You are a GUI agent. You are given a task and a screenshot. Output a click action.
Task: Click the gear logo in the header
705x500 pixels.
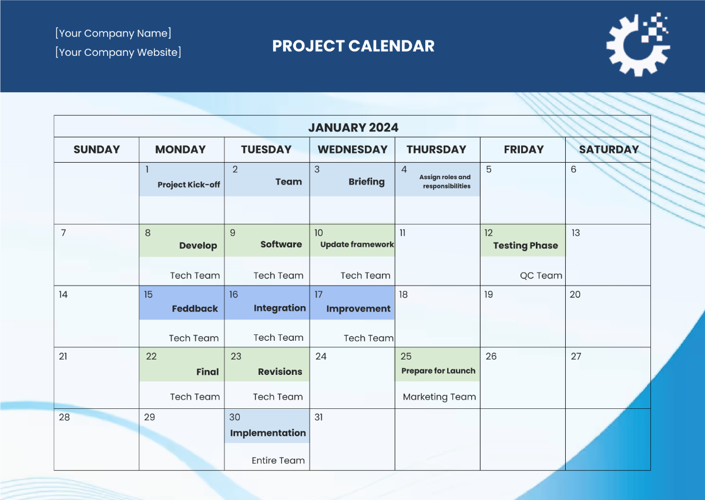click(x=637, y=45)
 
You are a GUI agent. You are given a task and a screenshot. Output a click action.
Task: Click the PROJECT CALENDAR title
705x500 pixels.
click(x=353, y=46)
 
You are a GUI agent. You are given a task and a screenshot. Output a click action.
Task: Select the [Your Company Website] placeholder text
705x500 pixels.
click(x=118, y=52)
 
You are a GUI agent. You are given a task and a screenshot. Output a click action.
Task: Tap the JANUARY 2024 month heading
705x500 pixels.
click(x=353, y=127)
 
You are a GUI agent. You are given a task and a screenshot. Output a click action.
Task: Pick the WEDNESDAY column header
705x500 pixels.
click(x=352, y=149)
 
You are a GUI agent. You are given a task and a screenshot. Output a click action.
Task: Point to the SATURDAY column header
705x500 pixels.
click(x=609, y=149)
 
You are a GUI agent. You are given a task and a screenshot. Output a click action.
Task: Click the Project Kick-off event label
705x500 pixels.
click(x=189, y=184)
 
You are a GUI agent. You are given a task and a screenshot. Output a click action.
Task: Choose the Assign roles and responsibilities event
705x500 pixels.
click(x=445, y=182)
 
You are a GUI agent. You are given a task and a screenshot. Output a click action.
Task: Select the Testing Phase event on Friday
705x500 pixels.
click(x=525, y=246)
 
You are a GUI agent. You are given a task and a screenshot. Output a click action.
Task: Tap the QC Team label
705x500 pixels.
click(x=541, y=276)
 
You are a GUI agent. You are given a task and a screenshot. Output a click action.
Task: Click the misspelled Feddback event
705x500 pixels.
click(x=194, y=308)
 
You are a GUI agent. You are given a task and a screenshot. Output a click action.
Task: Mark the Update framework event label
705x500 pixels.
click(x=357, y=244)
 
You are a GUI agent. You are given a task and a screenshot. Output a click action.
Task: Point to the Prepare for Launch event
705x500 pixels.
click(x=438, y=371)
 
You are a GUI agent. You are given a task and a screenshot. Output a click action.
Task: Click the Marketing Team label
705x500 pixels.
click(x=439, y=397)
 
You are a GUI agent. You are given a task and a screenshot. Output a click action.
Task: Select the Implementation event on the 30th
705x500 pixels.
click(x=268, y=433)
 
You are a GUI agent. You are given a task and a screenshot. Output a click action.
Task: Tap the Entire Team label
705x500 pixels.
click(x=278, y=461)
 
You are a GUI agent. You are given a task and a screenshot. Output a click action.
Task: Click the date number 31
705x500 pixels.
click(x=318, y=417)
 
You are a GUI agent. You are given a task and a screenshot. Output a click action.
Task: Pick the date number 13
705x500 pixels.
click(x=575, y=233)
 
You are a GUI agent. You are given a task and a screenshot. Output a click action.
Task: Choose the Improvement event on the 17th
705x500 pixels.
click(x=358, y=308)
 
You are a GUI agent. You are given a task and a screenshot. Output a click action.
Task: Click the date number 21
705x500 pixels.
click(x=63, y=356)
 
